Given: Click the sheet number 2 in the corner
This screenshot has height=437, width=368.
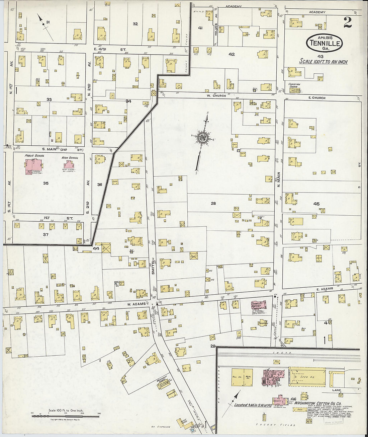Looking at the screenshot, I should tap(348, 22).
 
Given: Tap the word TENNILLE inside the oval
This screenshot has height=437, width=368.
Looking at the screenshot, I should tap(325, 43).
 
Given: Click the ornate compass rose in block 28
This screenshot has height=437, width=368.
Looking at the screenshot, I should tap(203, 137).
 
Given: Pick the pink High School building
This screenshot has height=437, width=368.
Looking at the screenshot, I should tap(69, 164).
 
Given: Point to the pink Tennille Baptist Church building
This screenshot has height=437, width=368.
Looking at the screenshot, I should tap(258, 305).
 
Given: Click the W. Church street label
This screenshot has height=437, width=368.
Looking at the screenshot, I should tap(216, 95).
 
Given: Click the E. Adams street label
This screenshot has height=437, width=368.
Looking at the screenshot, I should tap(324, 289).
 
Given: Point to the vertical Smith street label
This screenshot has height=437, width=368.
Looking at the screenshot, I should tap(153, 268).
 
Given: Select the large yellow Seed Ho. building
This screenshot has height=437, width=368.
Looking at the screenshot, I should tap(307, 377).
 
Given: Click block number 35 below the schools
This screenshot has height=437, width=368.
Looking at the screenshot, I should tap(46, 183).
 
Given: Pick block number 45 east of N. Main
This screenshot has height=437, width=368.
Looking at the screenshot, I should tap(316, 204).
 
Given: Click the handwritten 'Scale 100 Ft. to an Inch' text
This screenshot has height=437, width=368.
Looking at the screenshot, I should tap(323, 62).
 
